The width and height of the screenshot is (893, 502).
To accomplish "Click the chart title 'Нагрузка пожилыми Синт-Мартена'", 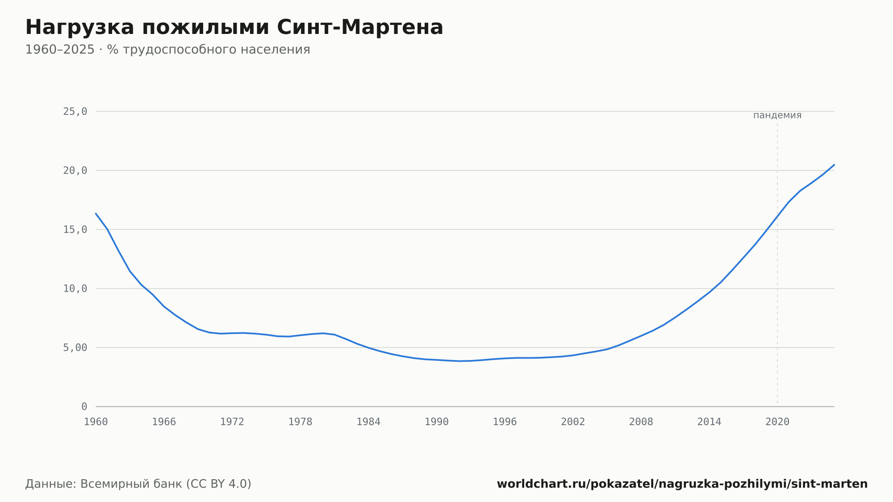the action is (234, 27).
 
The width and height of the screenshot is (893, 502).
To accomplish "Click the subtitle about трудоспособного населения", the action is (167, 50).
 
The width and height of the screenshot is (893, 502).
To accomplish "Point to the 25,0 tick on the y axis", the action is (75, 112).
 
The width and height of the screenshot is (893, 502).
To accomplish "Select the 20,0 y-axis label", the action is (75, 171).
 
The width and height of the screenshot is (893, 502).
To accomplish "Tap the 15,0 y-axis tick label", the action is (75, 230).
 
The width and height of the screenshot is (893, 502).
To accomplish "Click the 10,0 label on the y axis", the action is (75, 289).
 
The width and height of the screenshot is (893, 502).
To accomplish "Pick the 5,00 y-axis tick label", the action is (75, 347).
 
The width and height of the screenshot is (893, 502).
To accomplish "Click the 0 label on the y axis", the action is (84, 406).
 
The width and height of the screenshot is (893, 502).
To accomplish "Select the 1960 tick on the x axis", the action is (96, 422).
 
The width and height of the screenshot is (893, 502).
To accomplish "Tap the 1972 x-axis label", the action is (232, 422).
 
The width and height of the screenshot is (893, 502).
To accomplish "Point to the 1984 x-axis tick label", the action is (368, 422).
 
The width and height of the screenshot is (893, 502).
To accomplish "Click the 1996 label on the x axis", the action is (505, 422).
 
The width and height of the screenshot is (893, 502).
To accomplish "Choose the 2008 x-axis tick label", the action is (641, 422).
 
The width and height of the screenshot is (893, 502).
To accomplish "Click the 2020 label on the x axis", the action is (777, 422).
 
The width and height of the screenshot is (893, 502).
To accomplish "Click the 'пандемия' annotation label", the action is (777, 115).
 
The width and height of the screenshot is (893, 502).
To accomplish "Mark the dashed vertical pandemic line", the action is (777, 264).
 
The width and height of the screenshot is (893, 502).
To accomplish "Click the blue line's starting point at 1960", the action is (96, 213).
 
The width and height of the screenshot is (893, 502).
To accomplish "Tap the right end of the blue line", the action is (834, 165).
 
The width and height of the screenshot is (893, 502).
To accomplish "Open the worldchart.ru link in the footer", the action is (682, 484).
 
